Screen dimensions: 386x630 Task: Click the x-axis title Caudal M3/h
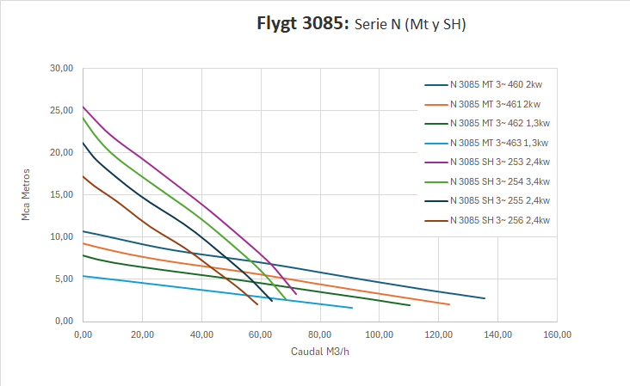coord(319,352)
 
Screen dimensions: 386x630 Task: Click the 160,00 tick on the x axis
coord(557,334)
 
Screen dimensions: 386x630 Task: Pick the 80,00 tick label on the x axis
coord(319,334)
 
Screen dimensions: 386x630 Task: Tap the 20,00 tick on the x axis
coord(142,334)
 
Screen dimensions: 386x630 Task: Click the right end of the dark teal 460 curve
coord(485,298)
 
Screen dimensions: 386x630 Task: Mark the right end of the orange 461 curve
coord(449,304)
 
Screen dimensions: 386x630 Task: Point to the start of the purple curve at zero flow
coord(83,107)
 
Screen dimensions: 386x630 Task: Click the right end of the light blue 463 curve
coord(352,308)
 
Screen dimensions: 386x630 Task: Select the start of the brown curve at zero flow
coord(83,176)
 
